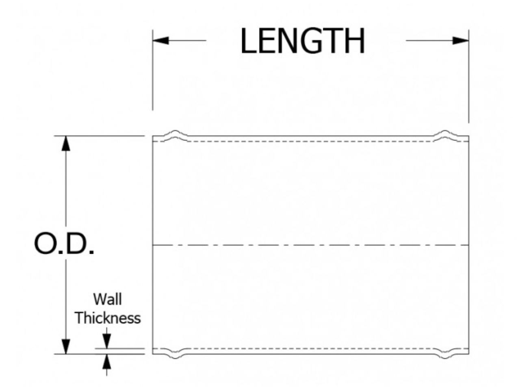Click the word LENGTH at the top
click(303, 41)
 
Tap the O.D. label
click(64, 244)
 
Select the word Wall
click(107, 299)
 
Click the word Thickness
click(108, 318)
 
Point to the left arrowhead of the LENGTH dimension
click(161, 41)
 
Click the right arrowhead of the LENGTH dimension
click(461, 41)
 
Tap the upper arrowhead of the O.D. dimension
click(66, 143)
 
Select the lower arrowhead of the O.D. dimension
click(66, 347)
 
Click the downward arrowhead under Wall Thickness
click(106, 341)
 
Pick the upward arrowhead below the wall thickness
click(106, 362)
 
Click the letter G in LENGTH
click(311, 41)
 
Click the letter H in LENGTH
click(354, 41)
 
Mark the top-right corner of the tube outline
click(468, 136)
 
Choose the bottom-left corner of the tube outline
click(153, 354)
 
